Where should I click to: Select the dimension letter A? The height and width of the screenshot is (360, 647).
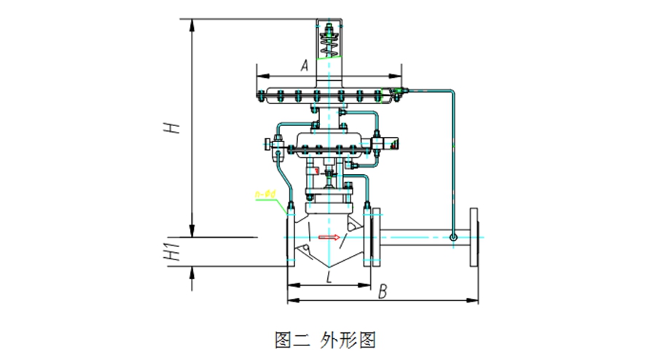(305, 66)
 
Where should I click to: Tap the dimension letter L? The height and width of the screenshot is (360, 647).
(329, 277)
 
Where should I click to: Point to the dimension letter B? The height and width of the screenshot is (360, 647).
(383, 291)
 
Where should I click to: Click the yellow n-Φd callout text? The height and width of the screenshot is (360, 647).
(266, 194)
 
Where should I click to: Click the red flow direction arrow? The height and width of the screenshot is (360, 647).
(329, 237)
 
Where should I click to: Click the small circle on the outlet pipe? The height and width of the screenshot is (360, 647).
(453, 237)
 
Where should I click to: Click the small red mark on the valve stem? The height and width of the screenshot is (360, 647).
(317, 171)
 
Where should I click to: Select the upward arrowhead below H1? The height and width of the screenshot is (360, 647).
(192, 271)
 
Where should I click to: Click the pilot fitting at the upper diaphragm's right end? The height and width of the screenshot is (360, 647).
(397, 93)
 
